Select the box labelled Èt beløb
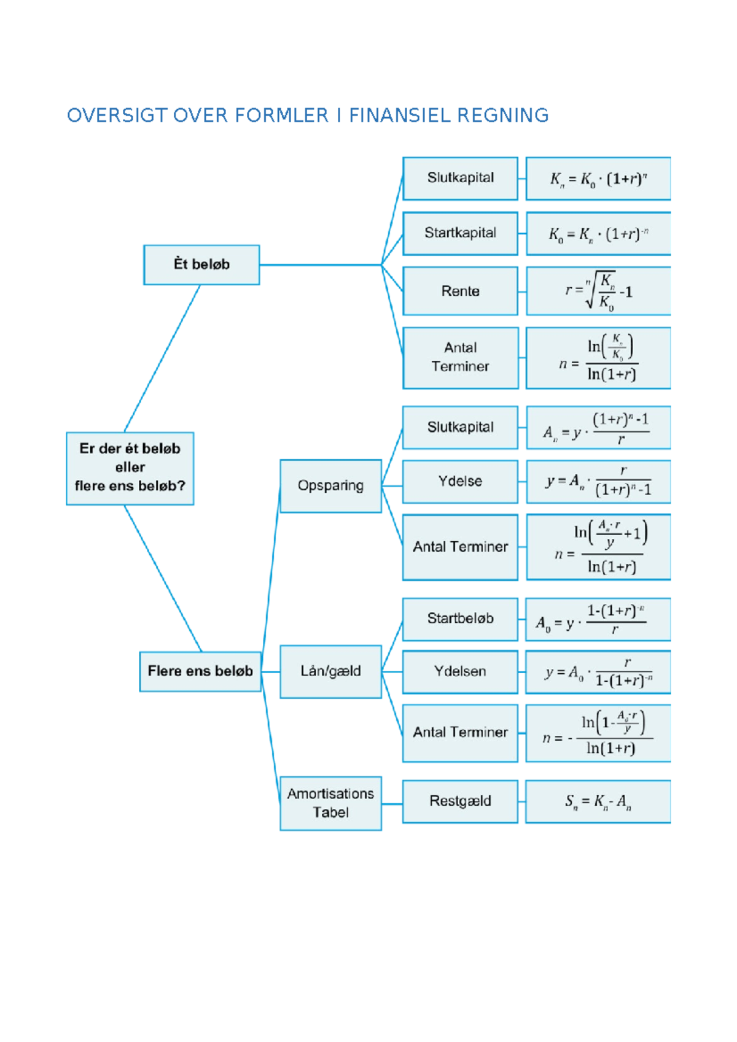(x=201, y=264)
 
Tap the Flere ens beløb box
(x=200, y=671)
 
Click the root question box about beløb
(x=130, y=468)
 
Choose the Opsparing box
(x=330, y=485)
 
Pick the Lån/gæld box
(x=330, y=671)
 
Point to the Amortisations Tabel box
(x=330, y=803)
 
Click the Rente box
(x=460, y=291)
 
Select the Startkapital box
(x=460, y=233)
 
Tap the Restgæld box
(x=460, y=801)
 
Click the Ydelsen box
(x=460, y=671)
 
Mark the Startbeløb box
(x=460, y=619)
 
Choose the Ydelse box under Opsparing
(x=460, y=481)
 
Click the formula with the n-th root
(x=598, y=291)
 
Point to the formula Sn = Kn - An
(x=598, y=801)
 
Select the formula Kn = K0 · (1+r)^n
(x=598, y=179)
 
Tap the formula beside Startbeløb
(x=598, y=619)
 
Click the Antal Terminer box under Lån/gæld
(x=460, y=733)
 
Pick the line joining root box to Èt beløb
(x=162, y=358)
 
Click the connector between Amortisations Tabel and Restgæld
(x=392, y=803)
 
